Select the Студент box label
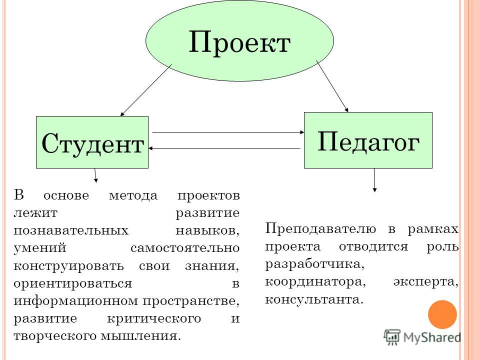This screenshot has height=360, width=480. point(92,143)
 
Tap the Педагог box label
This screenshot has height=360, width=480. point(368,142)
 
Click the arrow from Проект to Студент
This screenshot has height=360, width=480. point(146,90)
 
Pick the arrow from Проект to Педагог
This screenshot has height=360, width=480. point(332,86)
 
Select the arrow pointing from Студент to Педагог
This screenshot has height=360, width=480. point(228,132)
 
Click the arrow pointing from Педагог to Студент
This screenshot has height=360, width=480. point(224,148)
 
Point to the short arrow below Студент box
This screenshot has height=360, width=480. point(95,175)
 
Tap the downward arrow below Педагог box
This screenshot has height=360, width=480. point(374,180)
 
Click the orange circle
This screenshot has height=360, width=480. point(442,314)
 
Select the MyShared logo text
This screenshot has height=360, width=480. point(432,337)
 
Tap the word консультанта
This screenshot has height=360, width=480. point(314,299)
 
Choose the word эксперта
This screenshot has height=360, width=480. point(426,282)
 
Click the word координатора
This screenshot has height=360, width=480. point(315,282)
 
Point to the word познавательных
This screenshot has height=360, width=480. point(71,230)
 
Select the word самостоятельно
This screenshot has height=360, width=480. point(185,248)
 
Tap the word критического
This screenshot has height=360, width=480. point(154,319)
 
